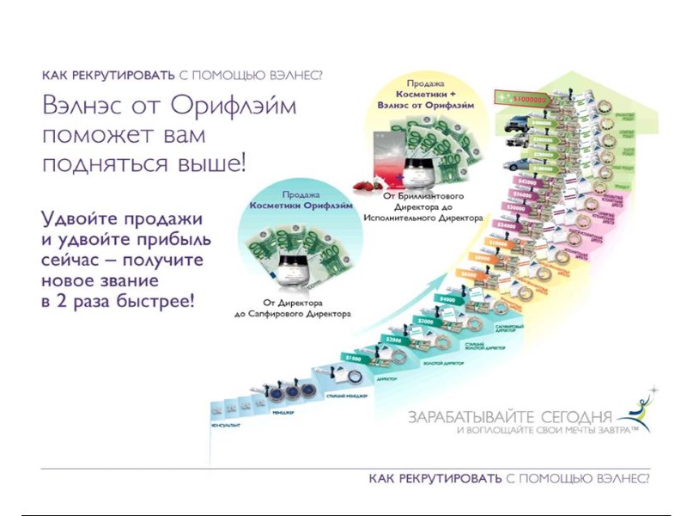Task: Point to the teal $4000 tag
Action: (x=447, y=299)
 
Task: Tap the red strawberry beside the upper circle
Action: (x=362, y=185)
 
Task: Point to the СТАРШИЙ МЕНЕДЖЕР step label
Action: (x=345, y=396)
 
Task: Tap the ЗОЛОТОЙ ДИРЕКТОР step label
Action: (x=443, y=363)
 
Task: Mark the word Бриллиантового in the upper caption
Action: (x=434, y=196)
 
